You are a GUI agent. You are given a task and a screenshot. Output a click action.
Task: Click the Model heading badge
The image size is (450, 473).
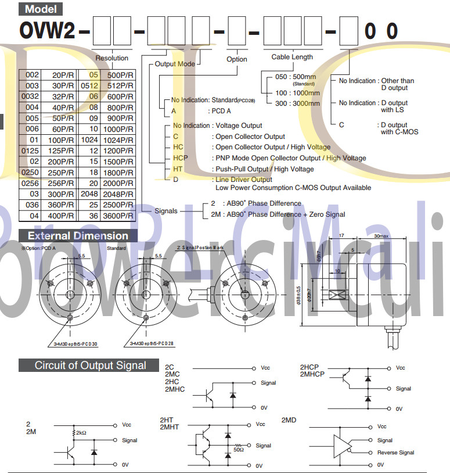[41, 9]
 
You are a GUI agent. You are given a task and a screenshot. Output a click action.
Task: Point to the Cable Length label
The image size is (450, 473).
[292, 57]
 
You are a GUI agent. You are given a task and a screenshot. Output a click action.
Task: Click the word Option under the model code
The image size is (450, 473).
[237, 59]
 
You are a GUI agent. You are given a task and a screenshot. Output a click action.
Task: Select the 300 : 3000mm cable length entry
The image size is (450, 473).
[297, 103]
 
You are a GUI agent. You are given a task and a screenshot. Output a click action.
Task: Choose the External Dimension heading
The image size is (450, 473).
[78, 236]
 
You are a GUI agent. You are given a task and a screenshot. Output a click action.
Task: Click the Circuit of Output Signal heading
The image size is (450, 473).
[90, 365]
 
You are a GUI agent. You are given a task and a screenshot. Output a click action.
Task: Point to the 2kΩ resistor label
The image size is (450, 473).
[81, 433]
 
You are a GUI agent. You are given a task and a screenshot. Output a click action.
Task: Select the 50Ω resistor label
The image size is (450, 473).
[237, 449]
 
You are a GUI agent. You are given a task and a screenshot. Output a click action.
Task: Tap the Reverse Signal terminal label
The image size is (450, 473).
[395, 453]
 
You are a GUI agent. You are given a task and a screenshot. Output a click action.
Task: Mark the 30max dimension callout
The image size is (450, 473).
[381, 236]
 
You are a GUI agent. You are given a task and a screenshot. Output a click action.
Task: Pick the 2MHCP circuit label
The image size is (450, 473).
[313, 375]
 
